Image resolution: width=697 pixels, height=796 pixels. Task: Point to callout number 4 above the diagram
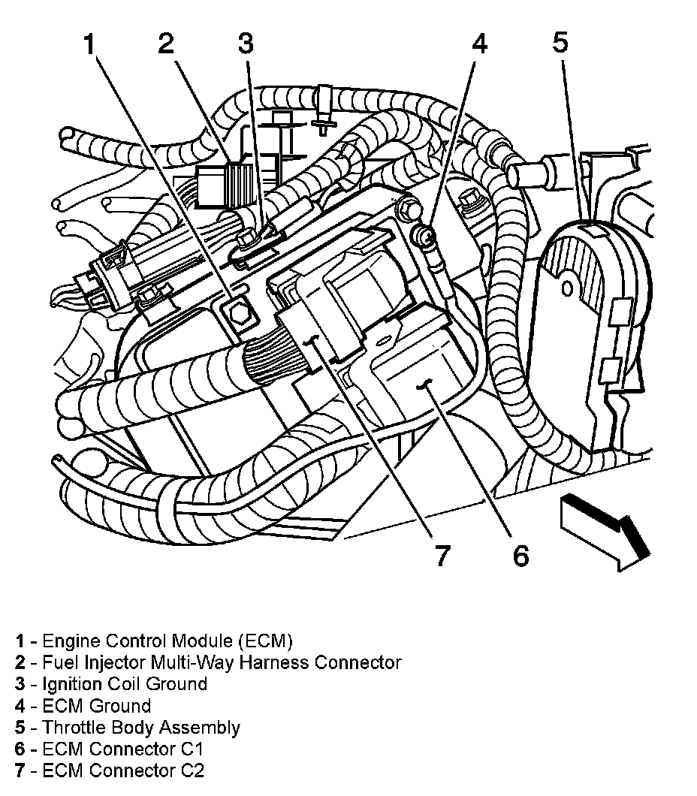coord(478,45)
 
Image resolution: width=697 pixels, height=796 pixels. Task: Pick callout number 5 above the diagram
coord(560,43)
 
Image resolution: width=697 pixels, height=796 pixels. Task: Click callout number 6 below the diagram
coord(520,555)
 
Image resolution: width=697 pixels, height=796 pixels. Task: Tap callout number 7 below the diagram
coord(441,556)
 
